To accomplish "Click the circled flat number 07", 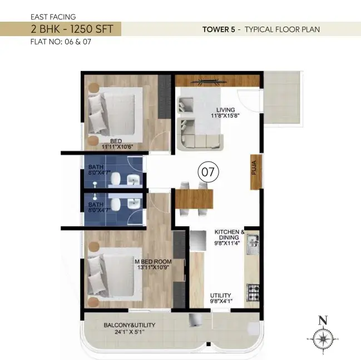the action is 208,172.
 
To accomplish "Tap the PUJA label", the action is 254,168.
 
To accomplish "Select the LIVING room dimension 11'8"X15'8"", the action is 225,116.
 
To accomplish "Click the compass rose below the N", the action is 323,339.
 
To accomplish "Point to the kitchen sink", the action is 253,244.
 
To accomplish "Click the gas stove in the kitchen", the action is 253,293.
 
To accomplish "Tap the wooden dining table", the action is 194,199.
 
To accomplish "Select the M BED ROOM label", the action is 153,262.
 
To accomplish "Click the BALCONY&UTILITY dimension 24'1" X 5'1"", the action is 130,332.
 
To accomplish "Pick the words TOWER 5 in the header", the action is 219,29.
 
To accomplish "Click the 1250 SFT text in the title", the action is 92,29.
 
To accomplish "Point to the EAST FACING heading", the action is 53,17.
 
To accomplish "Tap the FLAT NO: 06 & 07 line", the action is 61,42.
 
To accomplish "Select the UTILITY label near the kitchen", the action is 221,296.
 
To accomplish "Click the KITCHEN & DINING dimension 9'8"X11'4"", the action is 228,243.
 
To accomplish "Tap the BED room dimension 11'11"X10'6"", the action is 117,147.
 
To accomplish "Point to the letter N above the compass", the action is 323,321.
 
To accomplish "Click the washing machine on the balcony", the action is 195,320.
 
